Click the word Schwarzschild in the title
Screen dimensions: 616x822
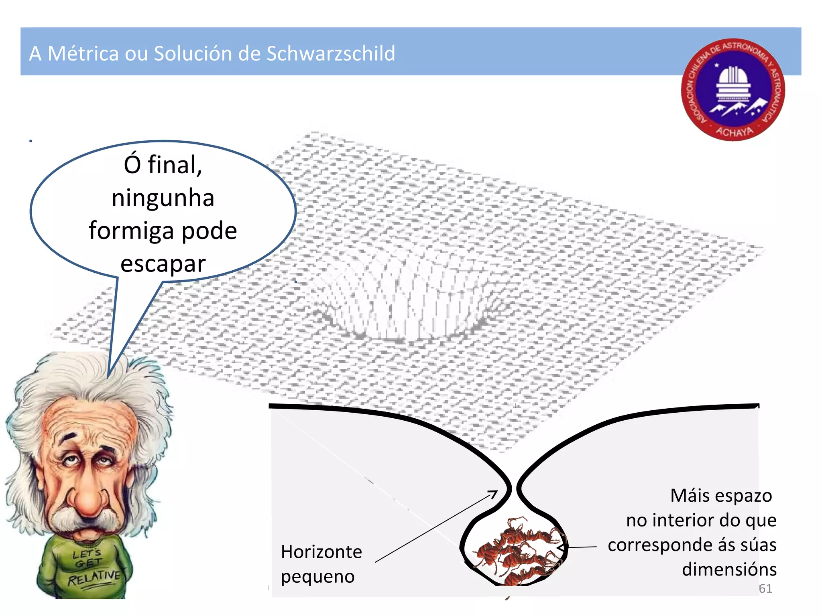(x=331, y=54)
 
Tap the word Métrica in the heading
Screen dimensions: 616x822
(x=83, y=54)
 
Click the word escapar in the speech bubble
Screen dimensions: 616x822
(x=163, y=264)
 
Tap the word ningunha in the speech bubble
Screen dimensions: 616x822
(x=163, y=198)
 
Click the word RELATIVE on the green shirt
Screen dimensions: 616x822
(x=94, y=577)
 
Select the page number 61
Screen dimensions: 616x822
(x=765, y=588)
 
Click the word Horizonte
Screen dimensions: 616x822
(x=321, y=552)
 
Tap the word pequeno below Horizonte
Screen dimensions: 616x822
(x=317, y=577)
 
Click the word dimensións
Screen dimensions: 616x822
(x=729, y=569)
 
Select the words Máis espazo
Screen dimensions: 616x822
(x=721, y=496)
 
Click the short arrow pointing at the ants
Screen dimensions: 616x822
(x=578, y=547)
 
